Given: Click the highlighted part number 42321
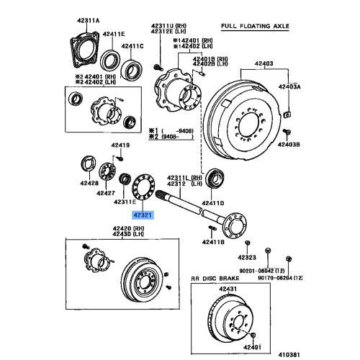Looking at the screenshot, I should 143,214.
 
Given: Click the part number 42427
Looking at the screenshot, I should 107,193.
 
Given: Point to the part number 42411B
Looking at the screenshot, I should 212,243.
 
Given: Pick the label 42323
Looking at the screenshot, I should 248,257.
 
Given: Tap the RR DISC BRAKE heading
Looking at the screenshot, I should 220,278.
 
